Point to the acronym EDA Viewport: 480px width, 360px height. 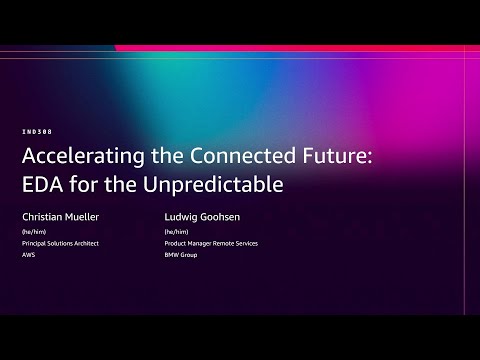tap(45, 186)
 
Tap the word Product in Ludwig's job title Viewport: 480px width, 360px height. tap(176, 242)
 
